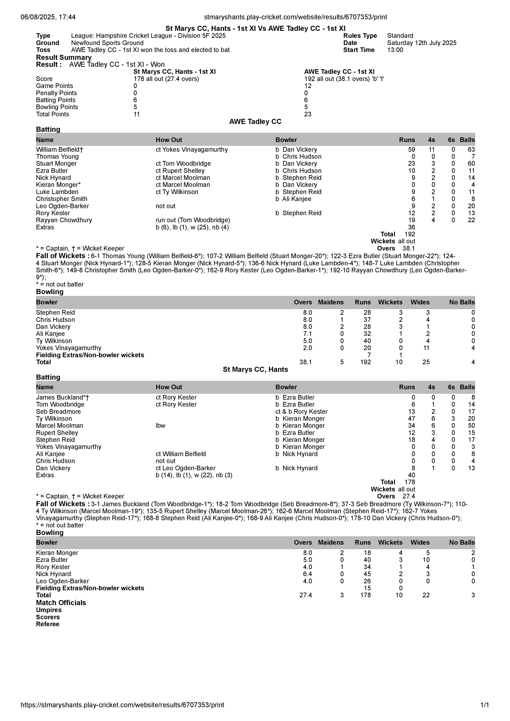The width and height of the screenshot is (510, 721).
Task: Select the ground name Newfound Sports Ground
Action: click(107, 43)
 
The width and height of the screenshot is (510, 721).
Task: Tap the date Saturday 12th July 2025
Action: click(421, 43)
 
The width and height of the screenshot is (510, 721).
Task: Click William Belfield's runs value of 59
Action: click(411, 149)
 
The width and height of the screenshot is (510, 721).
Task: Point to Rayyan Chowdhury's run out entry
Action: click(193, 220)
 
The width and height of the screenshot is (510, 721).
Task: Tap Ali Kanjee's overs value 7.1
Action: click(307, 334)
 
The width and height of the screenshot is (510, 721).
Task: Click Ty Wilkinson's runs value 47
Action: click(411, 419)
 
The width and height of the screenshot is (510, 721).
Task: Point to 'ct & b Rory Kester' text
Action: click(301, 412)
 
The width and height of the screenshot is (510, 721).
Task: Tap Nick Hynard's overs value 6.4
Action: click(307, 574)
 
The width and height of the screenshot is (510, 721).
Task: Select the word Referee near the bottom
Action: click(48, 624)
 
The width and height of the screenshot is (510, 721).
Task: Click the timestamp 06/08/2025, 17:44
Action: click(48, 17)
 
